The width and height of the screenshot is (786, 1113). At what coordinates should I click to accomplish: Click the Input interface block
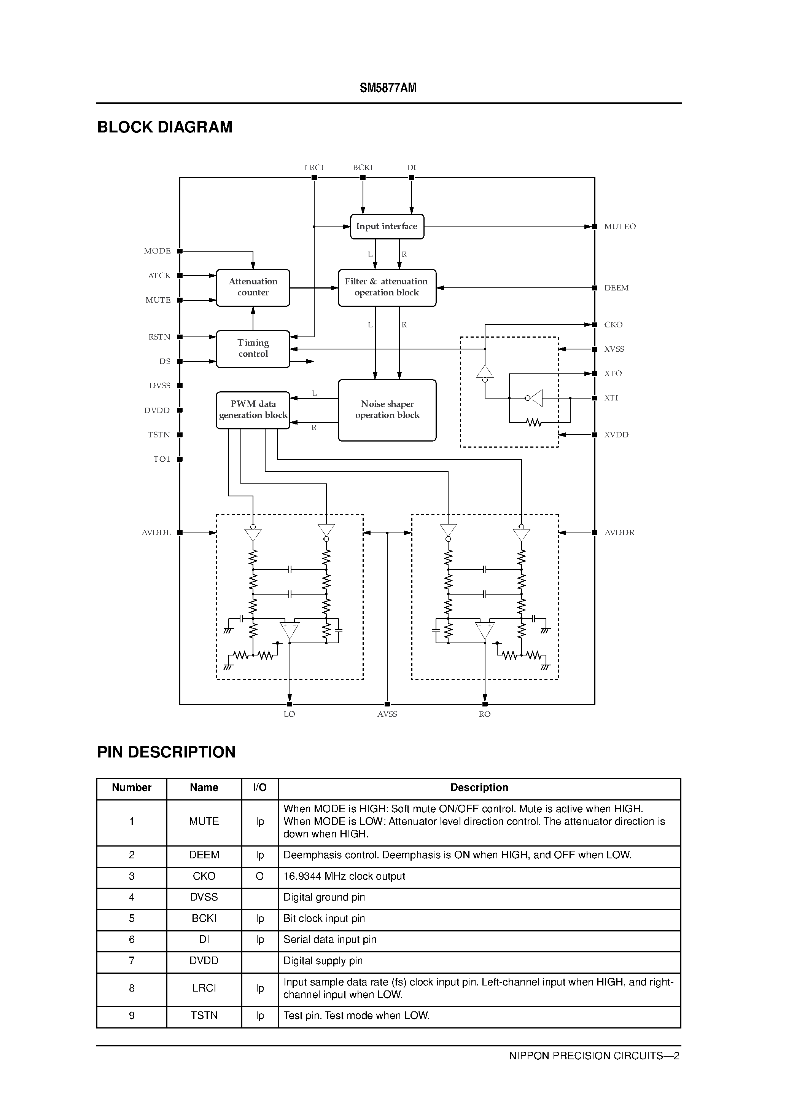(x=387, y=226)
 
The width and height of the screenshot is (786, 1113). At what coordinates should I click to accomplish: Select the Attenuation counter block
(x=253, y=287)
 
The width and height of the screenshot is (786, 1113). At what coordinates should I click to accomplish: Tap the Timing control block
(x=253, y=349)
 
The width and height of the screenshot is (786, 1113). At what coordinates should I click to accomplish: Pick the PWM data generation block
(x=253, y=410)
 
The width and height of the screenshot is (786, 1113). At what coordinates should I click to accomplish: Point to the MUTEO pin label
(x=619, y=227)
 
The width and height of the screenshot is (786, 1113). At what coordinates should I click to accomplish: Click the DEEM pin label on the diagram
(x=616, y=288)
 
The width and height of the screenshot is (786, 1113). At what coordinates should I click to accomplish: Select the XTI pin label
(x=611, y=398)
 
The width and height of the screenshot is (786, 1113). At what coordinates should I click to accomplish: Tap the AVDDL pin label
(x=156, y=533)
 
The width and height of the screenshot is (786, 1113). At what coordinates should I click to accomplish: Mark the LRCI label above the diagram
(x=314, y=168)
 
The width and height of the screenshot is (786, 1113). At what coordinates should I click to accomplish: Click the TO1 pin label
(x=162, y=459)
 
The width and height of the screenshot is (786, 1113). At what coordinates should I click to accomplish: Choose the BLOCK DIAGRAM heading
(x=165, y=127)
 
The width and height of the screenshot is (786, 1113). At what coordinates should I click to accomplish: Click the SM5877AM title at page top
(x=388, y=88)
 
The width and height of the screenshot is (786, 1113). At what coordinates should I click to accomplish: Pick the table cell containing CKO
(x=204, y=877)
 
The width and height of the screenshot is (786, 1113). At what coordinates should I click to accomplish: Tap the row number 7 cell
(x=131, y=961)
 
